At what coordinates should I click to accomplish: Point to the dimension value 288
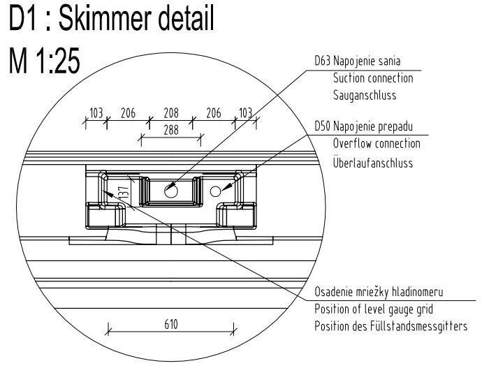[x=170, y=129]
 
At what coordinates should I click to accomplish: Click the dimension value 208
[x=170, y=113]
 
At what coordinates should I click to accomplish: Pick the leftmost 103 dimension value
[x=96, y=113]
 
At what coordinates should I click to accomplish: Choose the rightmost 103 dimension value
[x=245, y=113]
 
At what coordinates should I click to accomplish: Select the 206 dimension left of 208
[x=128, y=113]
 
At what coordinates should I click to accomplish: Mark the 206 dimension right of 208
[x=214, y=113]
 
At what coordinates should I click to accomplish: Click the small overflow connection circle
[x=215, y=190]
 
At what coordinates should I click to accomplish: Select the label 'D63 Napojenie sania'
[x=360, y=63]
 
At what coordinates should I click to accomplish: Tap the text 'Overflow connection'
[x=377, y=144]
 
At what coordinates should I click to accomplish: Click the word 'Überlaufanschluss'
[x=373, y=162]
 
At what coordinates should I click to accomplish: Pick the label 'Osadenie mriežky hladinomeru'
[x=376, y=293]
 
